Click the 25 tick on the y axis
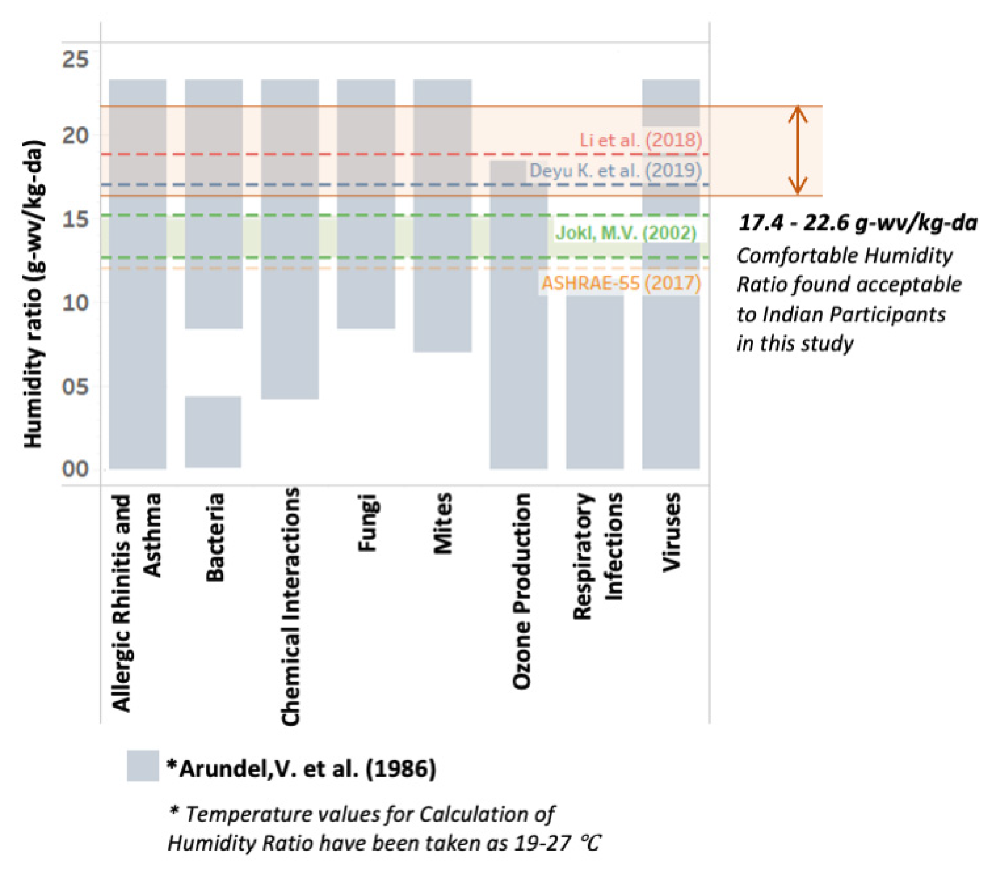coord(75,60)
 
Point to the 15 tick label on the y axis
coord(75,219)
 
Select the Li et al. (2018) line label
coord(640,140)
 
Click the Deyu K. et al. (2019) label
coord(615,171)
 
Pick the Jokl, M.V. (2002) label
coord(626,233)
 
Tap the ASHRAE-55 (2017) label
coord(621,283)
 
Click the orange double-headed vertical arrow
coord(797,150)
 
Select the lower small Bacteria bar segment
coord(213,432)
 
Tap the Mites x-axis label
coord(442,524)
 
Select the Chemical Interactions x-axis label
coord(291,606)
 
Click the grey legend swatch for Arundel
coord(143,766)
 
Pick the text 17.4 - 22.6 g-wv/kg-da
coord(857,223)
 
